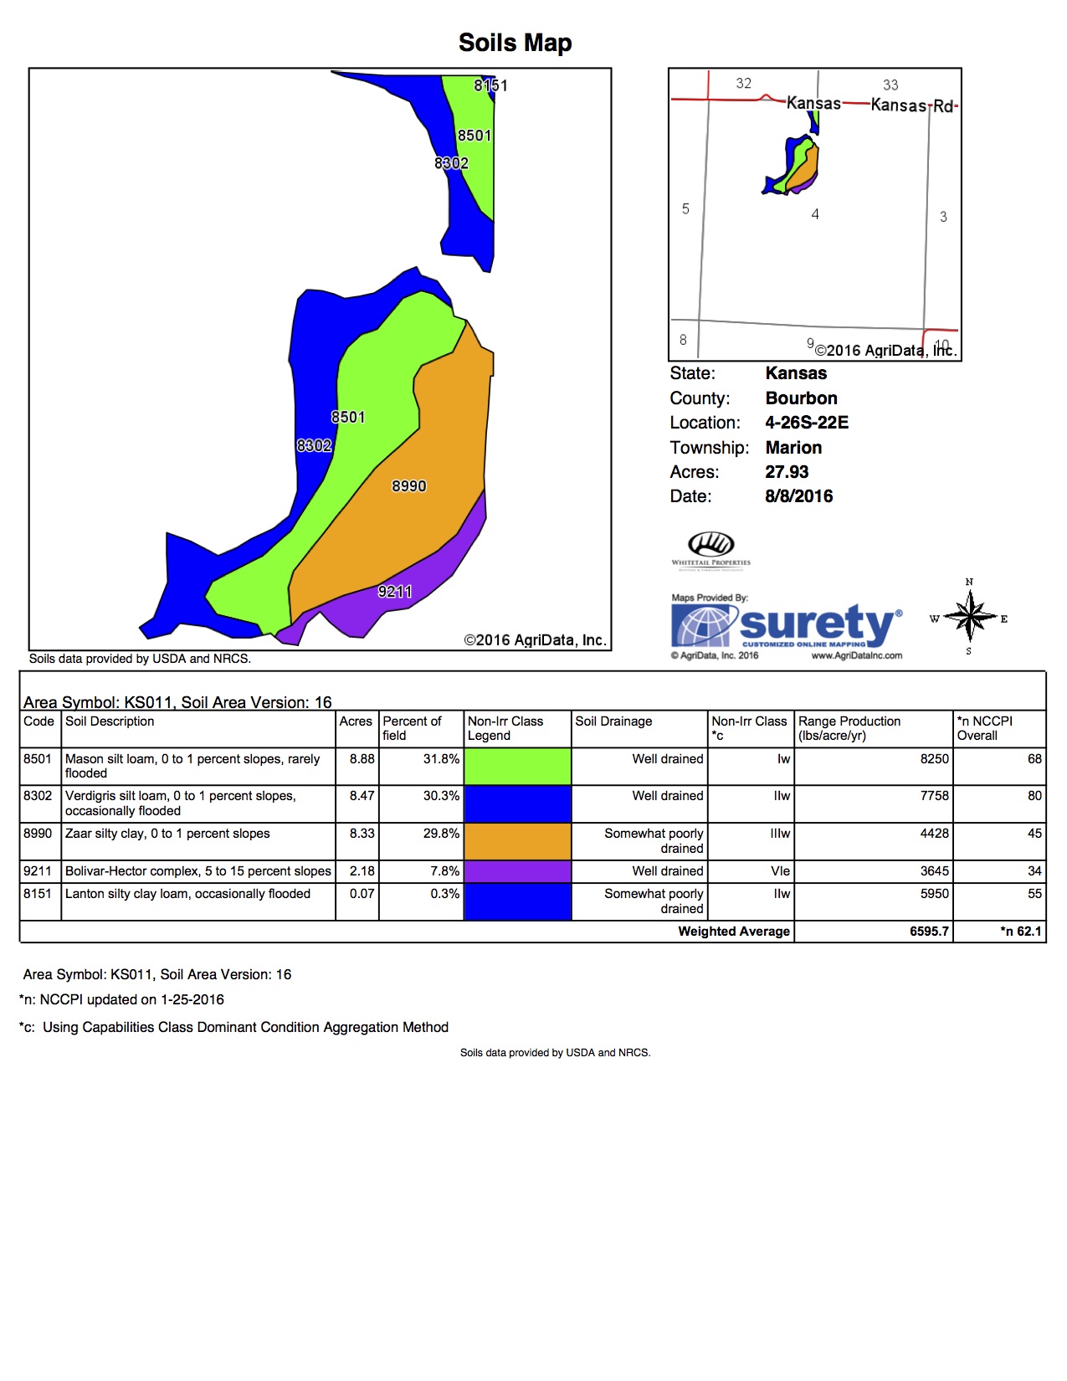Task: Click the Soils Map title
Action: coord(515,43)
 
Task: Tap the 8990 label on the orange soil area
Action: coord(409,486)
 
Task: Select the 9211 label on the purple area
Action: coord(395,592)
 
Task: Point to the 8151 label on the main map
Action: coord(490,85)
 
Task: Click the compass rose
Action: coord(969,618)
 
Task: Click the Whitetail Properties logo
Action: coord(711,549)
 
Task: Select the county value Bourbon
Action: coord(801,398)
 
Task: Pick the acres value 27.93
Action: coord(787,472)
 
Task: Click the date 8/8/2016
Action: coord(798,496)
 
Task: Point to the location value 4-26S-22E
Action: coord(807,423)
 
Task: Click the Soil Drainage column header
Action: coord(613,721)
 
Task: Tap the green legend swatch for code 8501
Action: coord(517,766)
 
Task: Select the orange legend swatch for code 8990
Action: coord(517,841)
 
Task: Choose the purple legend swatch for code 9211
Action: coord(517,871)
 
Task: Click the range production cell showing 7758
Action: coord(934,796)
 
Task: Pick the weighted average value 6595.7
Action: coord(929,932)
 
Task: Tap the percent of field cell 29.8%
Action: coord(441,834)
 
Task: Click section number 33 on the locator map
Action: coord(890,85)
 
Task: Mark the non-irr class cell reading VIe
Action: coord(780,871)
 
